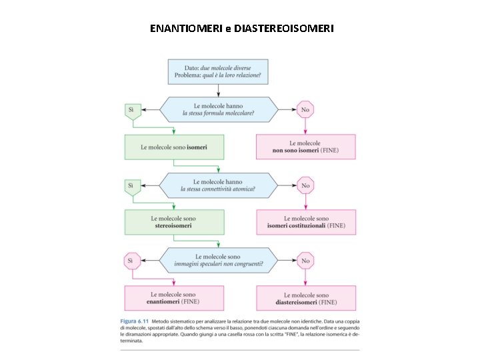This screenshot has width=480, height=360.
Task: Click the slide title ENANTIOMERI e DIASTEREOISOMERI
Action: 242,29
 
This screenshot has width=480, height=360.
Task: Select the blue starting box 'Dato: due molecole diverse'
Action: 218,71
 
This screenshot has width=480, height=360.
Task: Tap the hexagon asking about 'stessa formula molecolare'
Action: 218,109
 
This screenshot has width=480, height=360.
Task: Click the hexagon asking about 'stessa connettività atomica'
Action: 218,185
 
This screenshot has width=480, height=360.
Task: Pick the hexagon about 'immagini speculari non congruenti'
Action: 218,260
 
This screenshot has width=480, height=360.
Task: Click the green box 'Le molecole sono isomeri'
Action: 173,147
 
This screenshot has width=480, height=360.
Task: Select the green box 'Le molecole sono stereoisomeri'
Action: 173,222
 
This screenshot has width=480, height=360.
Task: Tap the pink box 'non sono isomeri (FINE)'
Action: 305,147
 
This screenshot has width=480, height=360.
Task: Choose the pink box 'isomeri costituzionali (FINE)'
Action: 305,222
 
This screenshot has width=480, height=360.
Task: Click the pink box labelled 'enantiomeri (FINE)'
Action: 173,298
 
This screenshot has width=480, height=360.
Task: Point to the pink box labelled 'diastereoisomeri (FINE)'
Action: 305,298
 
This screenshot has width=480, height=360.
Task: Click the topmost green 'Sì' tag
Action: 131,109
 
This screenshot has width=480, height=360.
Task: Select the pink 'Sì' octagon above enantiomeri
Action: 131,261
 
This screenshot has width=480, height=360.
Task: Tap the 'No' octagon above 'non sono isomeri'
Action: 305,109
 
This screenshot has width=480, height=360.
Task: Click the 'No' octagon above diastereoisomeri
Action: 305,261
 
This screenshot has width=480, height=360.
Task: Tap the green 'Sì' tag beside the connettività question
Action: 131,185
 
